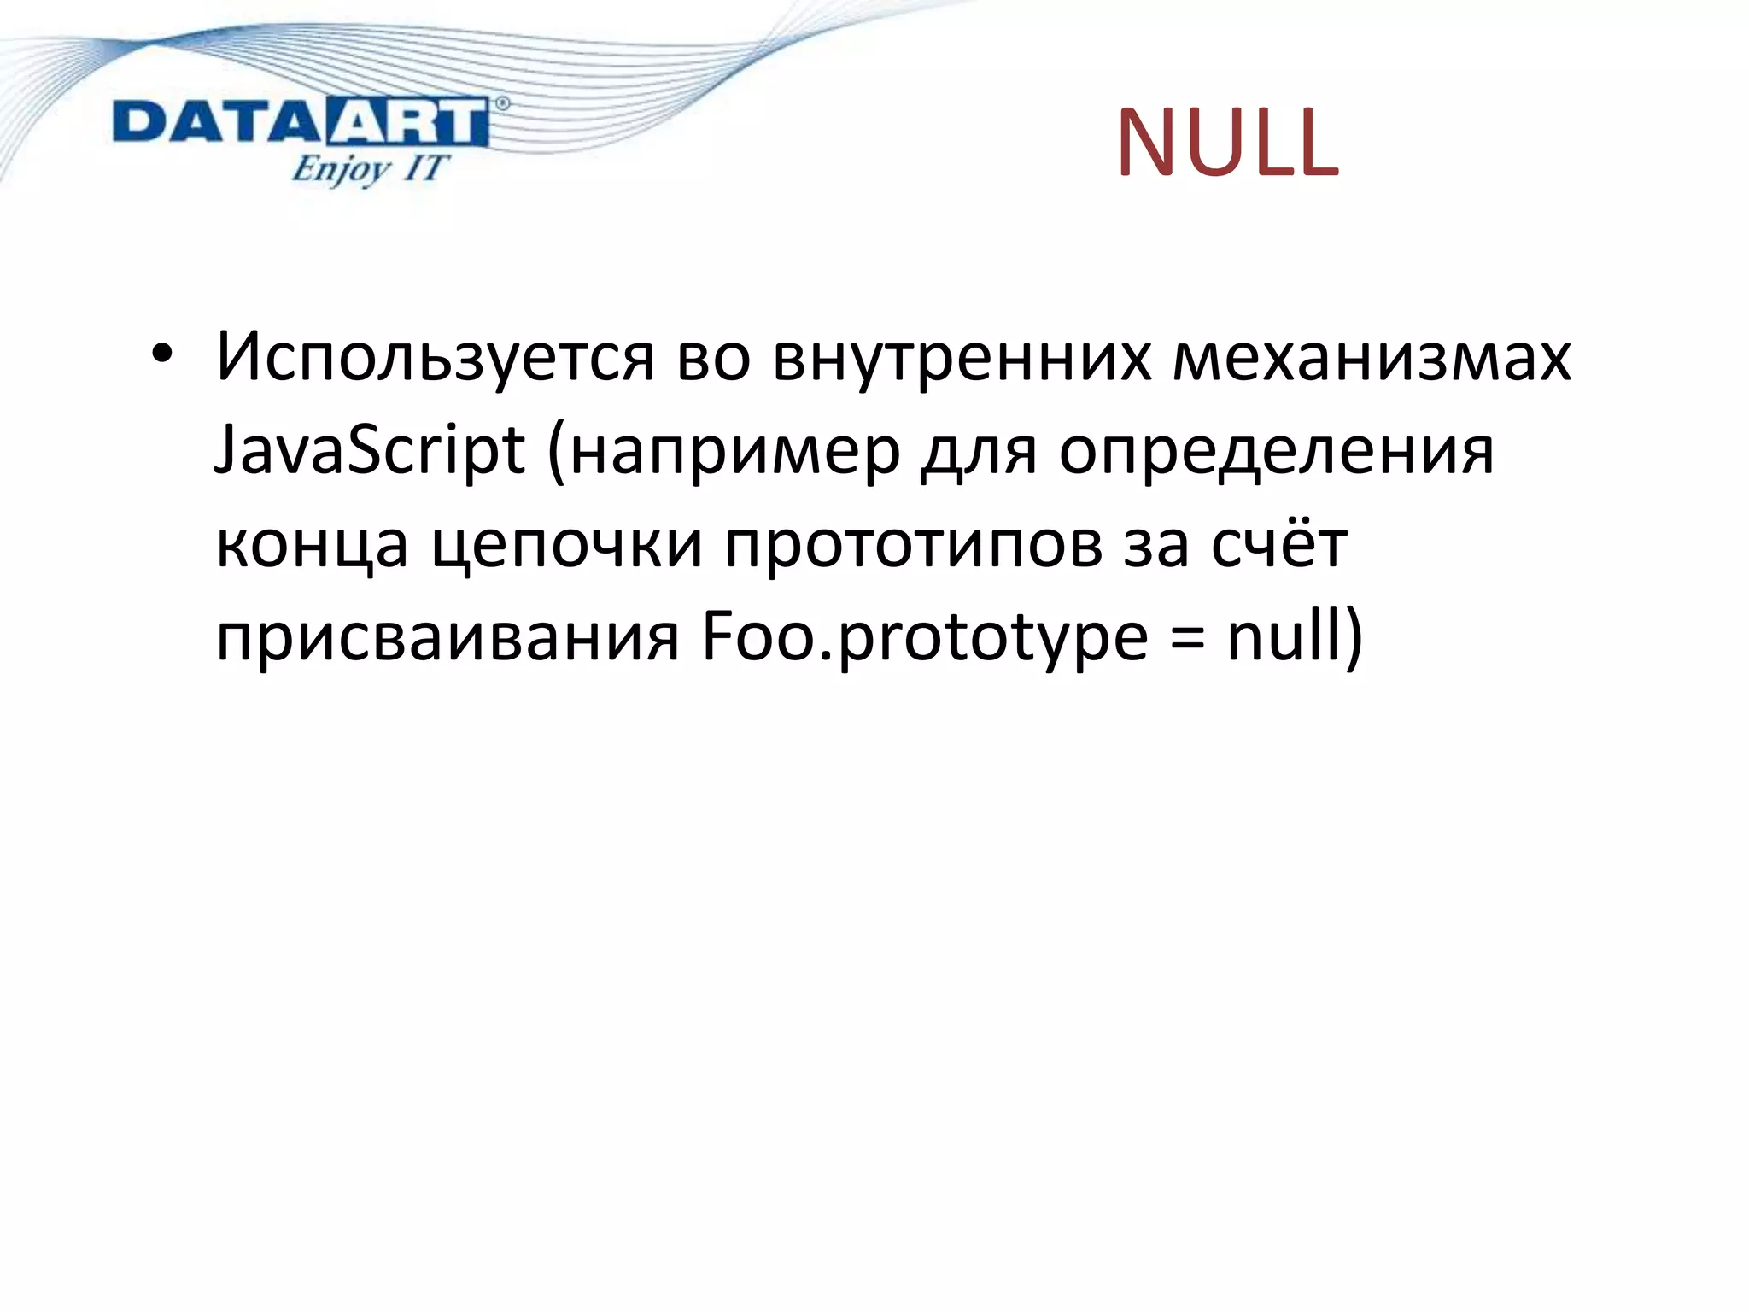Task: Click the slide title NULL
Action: pyautogui.click(x=1227, y=143)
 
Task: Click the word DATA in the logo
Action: pyautogui.click(x=216, y=122)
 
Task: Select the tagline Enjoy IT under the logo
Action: pyautogui.click(x=368, y=168)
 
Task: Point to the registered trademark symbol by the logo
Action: pyautogui.click(x=502, y=103)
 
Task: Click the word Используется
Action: pyautogui.click(x=435, y=357)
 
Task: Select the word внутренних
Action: pyautogui.click(x=962, y=357)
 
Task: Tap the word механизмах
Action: pyautogui.click(x=1371, y=357)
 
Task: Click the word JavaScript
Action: pyautogui.click(x=369, y=451)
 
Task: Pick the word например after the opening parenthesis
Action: pyautogui.click(x=734, y=451)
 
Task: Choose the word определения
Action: pyautogui.click(x=1277, y=451)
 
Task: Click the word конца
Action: pyautogui.click(x=312, y=545)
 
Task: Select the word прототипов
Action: pyautogui.click(x=913, y=545)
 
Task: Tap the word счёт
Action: pyautogui.click(x=1278, y=543)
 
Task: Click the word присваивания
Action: pyautogui.click(x=447, y=637)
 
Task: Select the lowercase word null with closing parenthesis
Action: pyautogui.click(x=1295, y=637)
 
